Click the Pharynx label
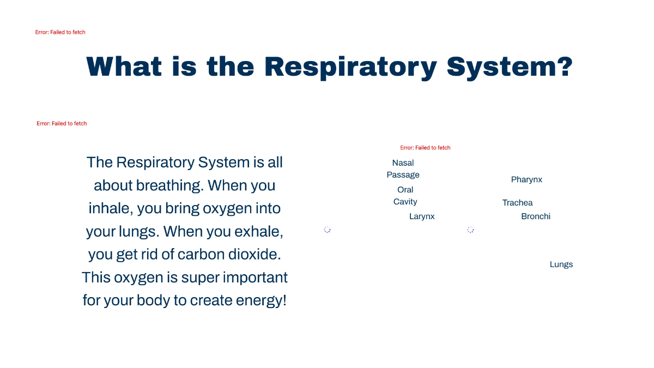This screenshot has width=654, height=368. (x=526, y=179)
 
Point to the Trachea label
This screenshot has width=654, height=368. (x=517, y=203)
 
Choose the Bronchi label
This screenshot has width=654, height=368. (x=535, y=216)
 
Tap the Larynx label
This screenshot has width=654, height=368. (x=422, y=216)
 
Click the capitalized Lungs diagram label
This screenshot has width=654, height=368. (x=561, y=264)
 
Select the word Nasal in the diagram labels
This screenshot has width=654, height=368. (x=403, y=163)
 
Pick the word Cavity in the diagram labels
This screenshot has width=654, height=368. (x=405, y=202)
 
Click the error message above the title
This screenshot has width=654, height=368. (x=60, y=32)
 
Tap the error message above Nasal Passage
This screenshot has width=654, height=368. (x=425, y=148)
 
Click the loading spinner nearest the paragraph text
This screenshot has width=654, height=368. (x=327, y=230)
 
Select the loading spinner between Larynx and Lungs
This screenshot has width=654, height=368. (x=470, y=230)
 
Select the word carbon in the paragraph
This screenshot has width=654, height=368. (x=197, y=255)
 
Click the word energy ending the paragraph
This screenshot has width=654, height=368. (x=258, y=300)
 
